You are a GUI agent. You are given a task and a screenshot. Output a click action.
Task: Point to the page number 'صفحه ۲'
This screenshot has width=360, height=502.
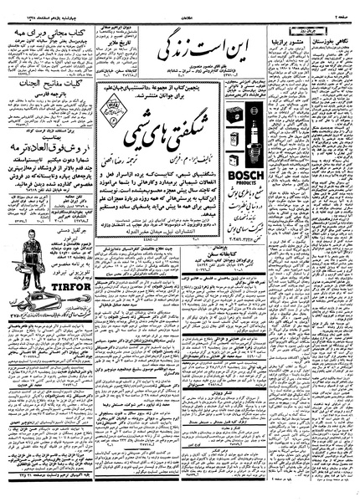[x=338, y=6]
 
